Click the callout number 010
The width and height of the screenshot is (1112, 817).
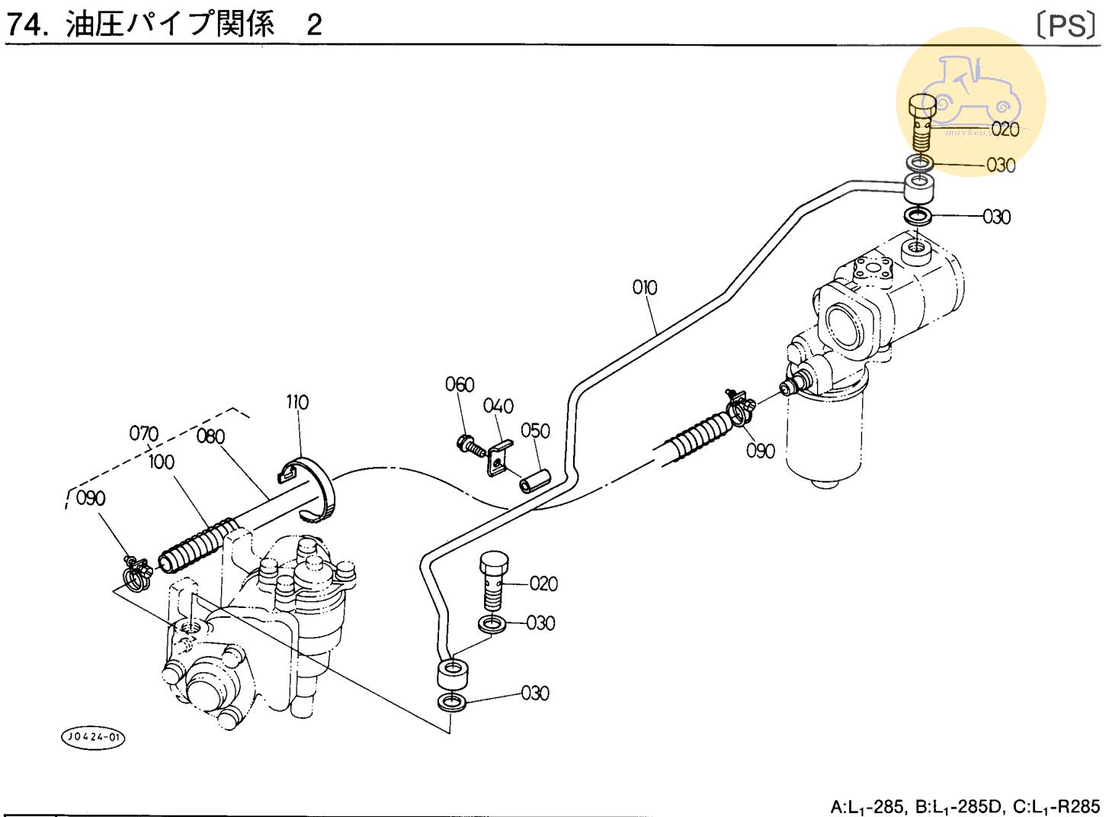pos(644,288)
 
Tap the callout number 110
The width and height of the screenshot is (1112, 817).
pos(297,402)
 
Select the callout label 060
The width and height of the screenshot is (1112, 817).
pos(460,384)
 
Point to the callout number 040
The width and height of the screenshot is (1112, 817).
pos(498,406)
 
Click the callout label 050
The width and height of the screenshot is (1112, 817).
pos(535,431)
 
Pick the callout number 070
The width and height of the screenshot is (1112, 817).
pos(143,434)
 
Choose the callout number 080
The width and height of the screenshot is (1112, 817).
pos(210,436)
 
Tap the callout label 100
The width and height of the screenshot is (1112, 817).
pos(161,462)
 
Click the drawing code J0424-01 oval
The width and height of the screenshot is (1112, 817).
pos(92,738)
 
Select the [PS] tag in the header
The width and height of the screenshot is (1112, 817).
pos(1066,26)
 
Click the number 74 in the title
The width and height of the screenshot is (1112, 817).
pos(23,25)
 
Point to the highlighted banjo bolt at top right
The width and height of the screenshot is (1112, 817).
pos(923,121)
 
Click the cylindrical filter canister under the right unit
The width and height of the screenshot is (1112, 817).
pos(824,440)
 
